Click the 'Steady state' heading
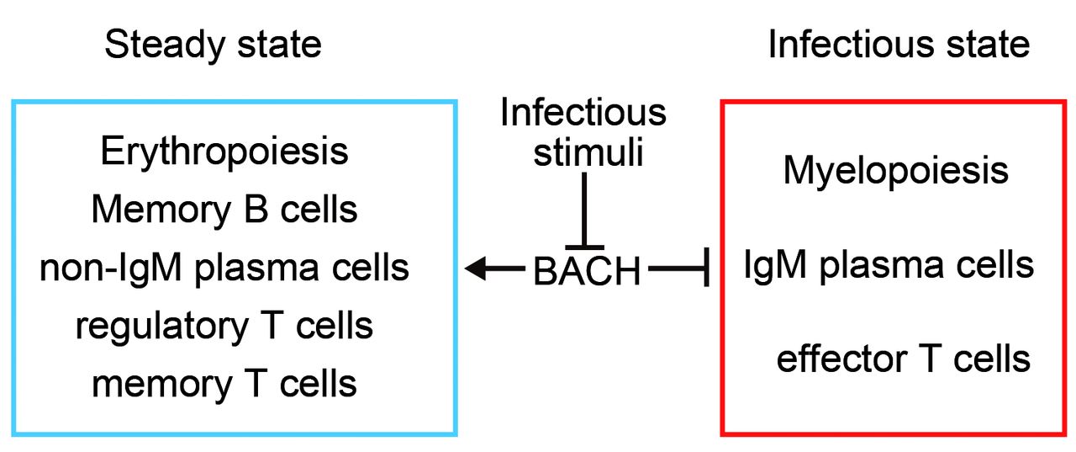(x=213, y=45)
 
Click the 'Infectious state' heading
(x=899, y=45)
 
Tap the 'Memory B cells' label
(x=224, y=210)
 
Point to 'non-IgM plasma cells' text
(x=224, y=269)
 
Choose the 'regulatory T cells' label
(x=224, y=327)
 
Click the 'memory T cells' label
(x=224, y=384)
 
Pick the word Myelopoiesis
(x=896, y=172)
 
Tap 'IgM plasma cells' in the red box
(x=889, y=265)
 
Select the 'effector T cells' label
(x=904, y=359)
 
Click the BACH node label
(x=587, y=271)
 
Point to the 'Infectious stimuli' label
(x=583, y=132)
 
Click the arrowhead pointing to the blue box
(x=476, y=269)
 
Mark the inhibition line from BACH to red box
(x=678, y=268)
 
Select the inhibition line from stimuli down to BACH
(x=584, y=211)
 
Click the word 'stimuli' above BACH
(x=588, y=152)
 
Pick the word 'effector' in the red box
(x=842, y=359)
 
